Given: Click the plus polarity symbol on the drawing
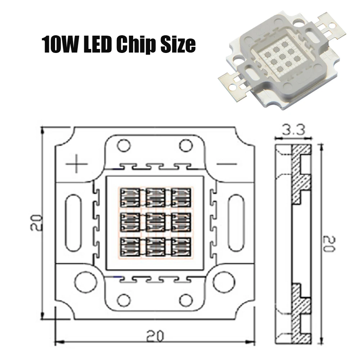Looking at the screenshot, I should pos(77,164).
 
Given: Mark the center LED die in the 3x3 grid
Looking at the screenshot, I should pos(155,222).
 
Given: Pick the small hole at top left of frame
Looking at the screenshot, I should pos(123,146).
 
